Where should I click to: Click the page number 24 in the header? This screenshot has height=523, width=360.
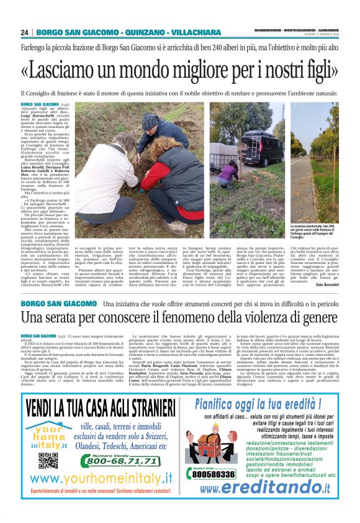click(25, 32)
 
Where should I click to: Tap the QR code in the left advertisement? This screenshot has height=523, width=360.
click(48, 460)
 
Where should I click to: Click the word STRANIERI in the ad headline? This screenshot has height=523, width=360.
click(146, 409)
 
